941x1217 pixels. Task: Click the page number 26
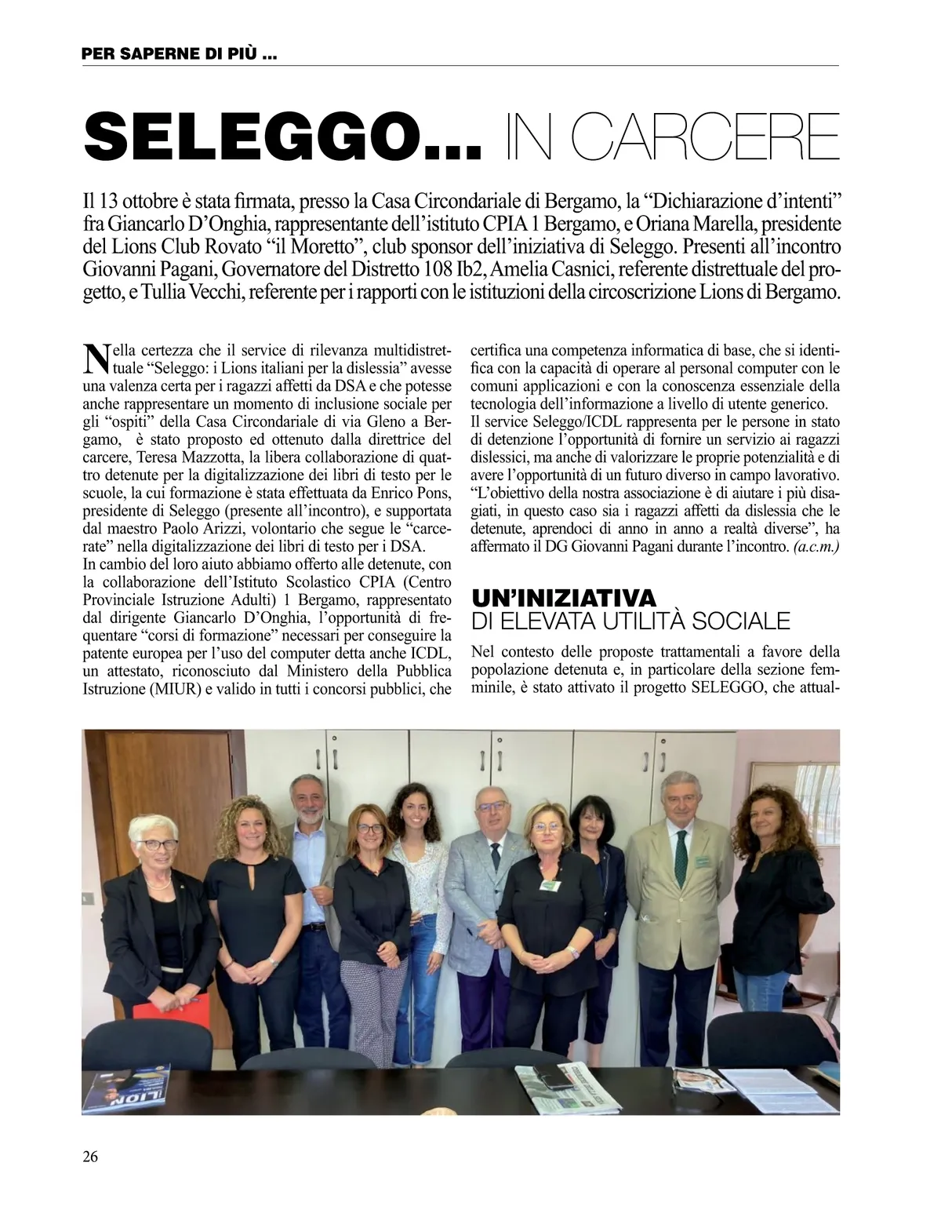90,1156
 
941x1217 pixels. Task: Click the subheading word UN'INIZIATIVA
563,599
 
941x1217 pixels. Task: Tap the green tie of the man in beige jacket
681,848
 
